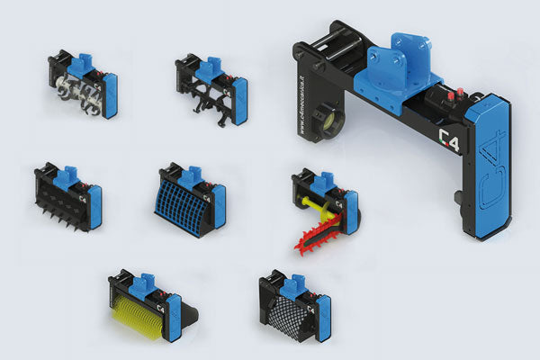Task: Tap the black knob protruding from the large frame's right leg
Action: point(459,197)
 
